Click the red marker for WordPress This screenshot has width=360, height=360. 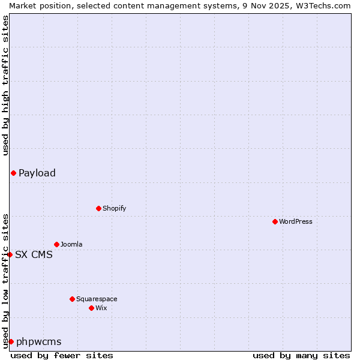tap(275, 221)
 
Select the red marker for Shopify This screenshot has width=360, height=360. tap(98, 208)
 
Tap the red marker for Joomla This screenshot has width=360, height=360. tap(56, 244)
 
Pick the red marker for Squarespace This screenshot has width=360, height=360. tap(72, 299)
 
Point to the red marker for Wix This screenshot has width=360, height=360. tap(91, 308)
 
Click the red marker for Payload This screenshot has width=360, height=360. tap(13, 173)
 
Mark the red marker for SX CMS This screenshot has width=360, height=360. tap(10, 254)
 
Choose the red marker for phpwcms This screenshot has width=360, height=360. tap(11, 341)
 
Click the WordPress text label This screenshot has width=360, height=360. tap(296, 221)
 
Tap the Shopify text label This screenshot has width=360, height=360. tap(114, 208)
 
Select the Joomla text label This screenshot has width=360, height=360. tap(71, 244)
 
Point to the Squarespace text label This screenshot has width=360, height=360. tap(97, 299)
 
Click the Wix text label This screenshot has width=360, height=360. tap(101, 308)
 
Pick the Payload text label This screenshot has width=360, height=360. tap(37, 173)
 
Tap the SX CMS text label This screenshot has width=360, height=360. tap(34, 254)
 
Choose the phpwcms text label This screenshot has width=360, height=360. tap(38, 341)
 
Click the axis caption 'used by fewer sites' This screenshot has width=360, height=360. tap(62, 355)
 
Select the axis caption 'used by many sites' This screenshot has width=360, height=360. tap(301, 355)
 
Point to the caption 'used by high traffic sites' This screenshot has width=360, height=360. tap(5, 85)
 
